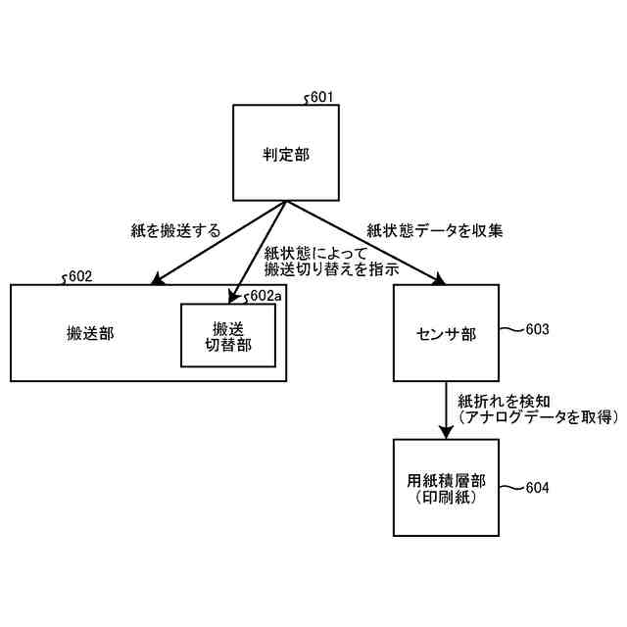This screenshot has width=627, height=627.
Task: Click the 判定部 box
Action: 286,154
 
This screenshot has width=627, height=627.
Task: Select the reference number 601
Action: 321,98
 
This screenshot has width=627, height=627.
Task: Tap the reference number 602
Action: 80,276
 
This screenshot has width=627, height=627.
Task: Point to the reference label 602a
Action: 265,295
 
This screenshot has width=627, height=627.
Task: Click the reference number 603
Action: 537,329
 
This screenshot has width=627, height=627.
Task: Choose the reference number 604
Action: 537,487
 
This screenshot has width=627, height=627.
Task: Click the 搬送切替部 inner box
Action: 228,335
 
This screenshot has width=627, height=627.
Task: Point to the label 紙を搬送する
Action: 175,230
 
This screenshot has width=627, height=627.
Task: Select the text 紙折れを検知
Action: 496,400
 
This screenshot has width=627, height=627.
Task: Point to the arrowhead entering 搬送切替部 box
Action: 235,297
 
